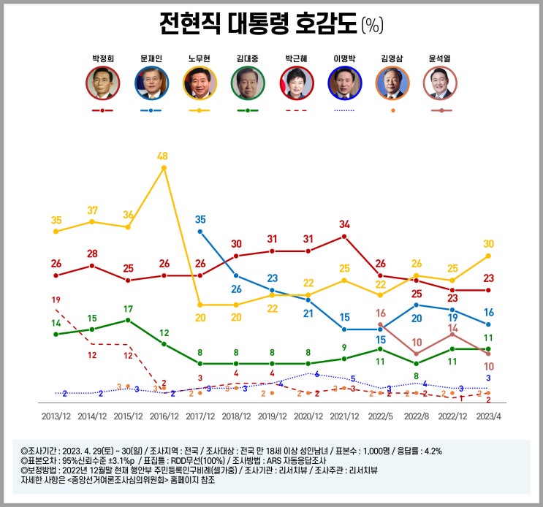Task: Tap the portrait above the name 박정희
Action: (x=103, y=83)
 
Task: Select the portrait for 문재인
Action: (x=151, y=83)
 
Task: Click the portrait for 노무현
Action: (x=200, y=83)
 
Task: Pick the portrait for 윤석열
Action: (x=440, y=83)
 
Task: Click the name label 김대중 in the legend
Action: (x=248, y=57)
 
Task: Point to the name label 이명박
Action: (x=343, y=57)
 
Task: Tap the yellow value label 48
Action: (x=163, y=156)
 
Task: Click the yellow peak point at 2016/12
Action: (x=164, y=168)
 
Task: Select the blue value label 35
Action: (x=200, y=219)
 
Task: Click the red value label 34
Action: (x=344, y=224)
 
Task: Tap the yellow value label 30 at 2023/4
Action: (x=488, y=244)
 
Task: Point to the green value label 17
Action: (x=128, y=309)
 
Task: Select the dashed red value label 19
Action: (x=56, y=300)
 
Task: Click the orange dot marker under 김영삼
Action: (x=392, y=110)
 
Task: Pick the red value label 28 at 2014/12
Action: (x=91, y=254)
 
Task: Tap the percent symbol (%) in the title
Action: (x=372, y=26)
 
